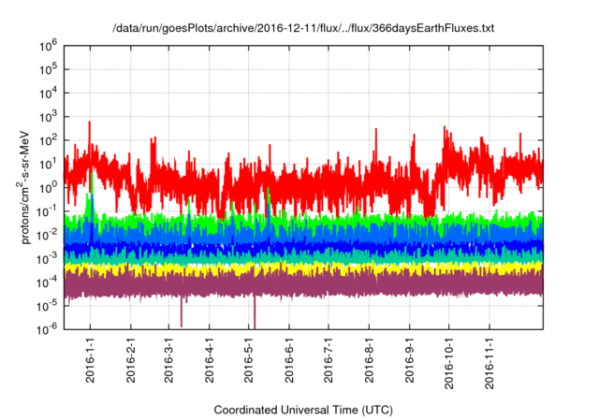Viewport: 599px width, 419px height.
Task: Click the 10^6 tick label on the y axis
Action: click(x=48, y=45)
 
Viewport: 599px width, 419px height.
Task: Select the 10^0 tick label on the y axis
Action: click(x=48, y=186)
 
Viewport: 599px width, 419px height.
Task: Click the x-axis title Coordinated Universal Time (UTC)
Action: click(x=302, y=410)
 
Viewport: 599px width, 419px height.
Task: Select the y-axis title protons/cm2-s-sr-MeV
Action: click(x=27, y=187)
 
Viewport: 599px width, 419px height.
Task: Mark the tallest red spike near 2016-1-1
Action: click(x=90, y=123)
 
